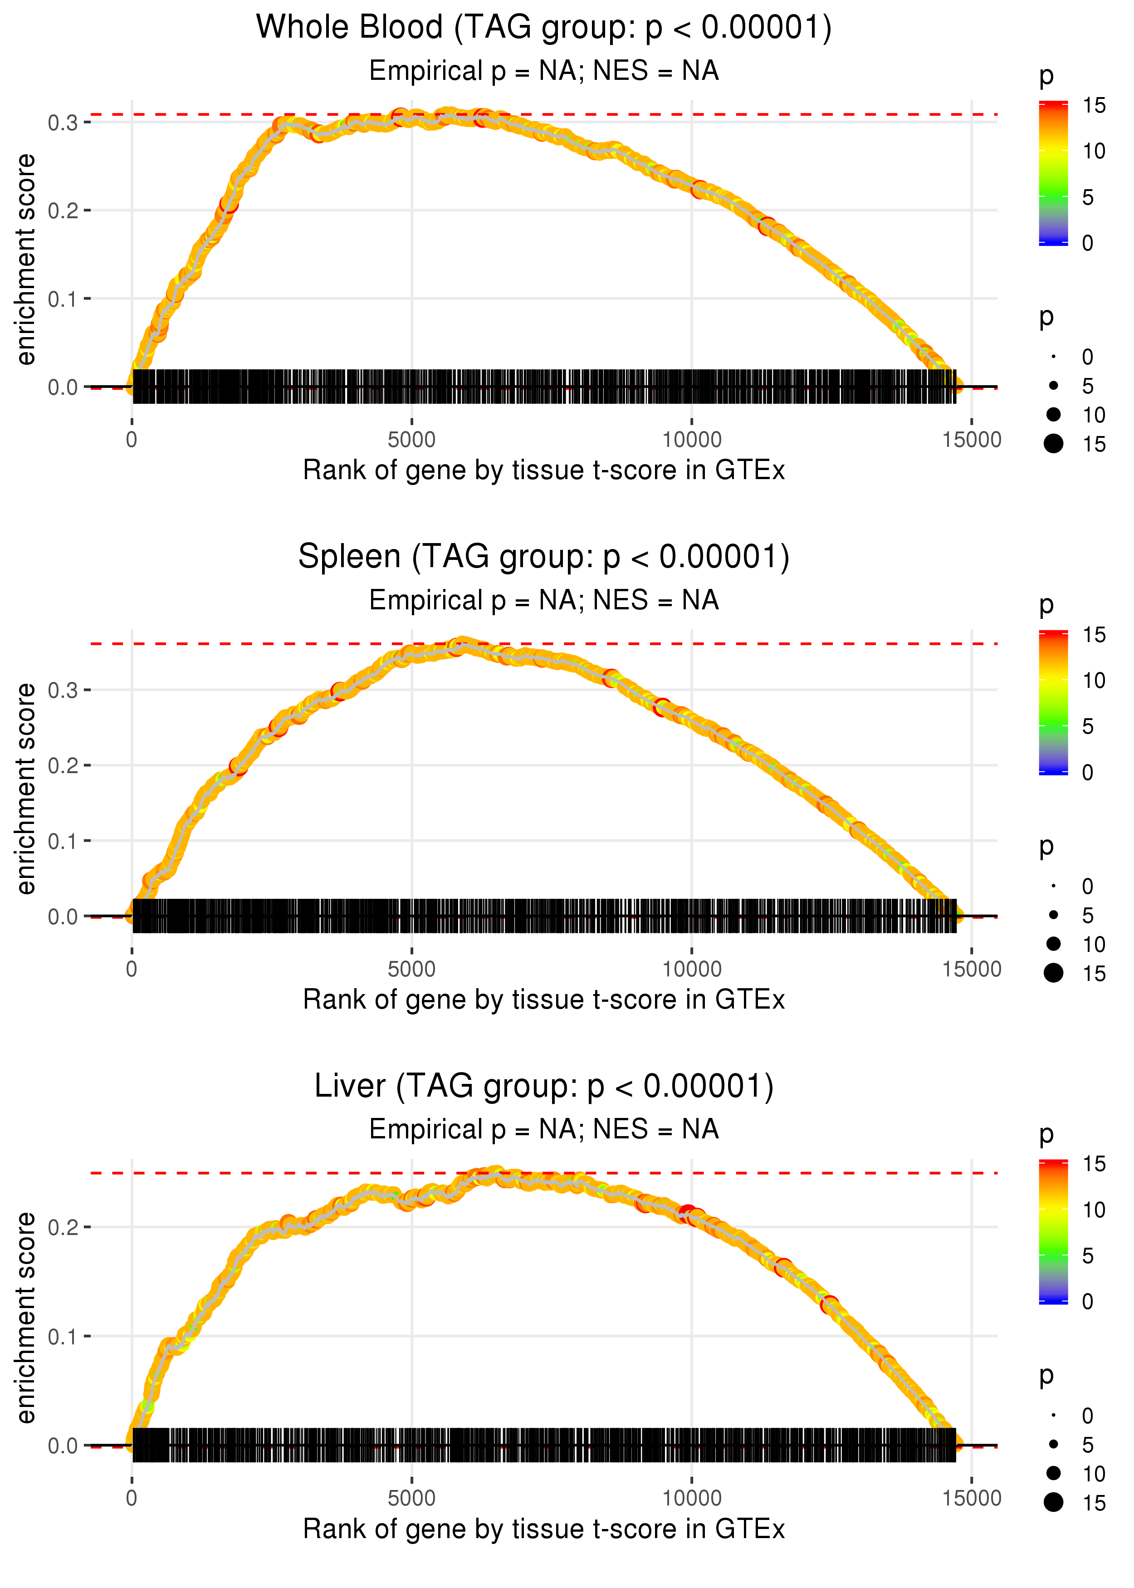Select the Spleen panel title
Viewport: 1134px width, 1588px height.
543,557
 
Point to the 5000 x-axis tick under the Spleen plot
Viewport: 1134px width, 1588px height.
411,969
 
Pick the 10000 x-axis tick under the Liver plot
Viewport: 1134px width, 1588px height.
691,1499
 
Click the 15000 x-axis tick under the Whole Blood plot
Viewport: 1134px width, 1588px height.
971,440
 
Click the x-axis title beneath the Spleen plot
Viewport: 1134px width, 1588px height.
543,1000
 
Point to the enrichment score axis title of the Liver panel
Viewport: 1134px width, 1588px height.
26,1318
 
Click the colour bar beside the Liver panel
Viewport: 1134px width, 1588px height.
1053,1231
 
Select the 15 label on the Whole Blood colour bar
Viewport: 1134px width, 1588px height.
1094,105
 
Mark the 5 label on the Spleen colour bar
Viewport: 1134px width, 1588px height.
1087,727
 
